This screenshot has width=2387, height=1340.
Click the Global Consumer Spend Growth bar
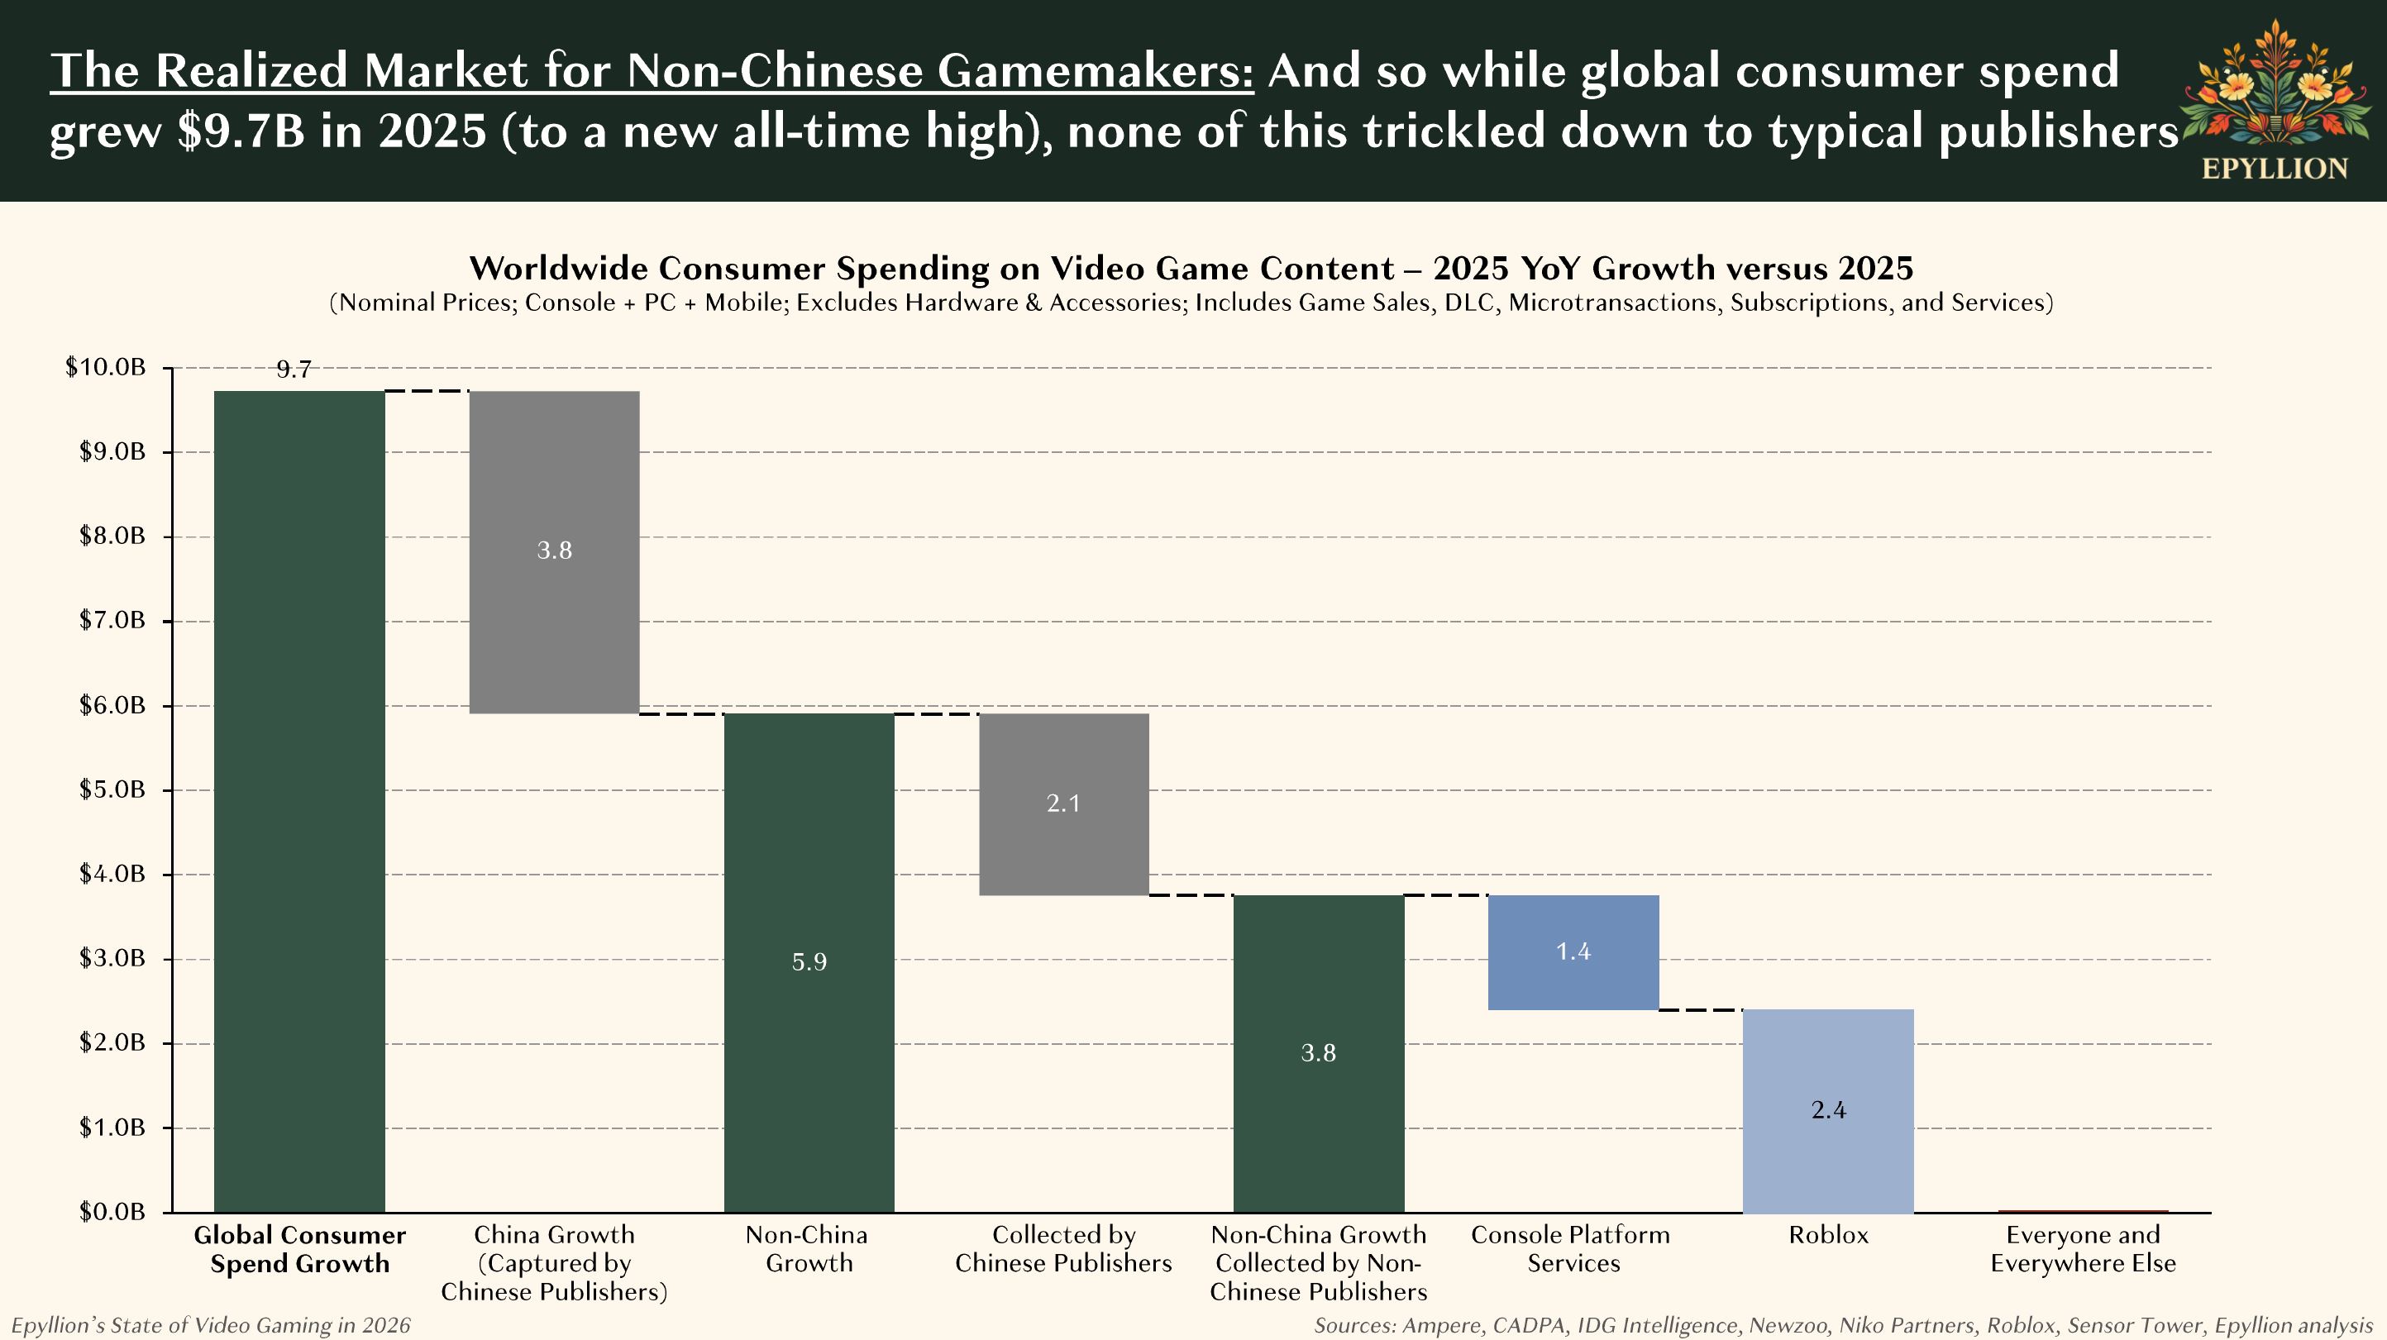(299, 801)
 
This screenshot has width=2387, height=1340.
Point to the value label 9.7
(294, 370)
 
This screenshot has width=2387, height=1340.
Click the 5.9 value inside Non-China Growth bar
(809, 962)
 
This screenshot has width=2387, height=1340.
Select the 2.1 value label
(1064, 803)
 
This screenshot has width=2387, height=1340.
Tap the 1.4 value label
(1573, 951)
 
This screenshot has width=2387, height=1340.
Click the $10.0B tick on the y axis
(106, 367)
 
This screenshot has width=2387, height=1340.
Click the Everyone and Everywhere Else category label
(2082, 1248)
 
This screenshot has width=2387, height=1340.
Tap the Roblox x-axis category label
(1827, 1234)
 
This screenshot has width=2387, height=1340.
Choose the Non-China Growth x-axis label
(808, 1248)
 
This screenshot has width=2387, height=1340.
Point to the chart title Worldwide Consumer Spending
(1191, 268)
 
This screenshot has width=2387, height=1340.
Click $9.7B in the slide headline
(241, 131)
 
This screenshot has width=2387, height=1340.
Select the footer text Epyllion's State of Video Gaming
(210, 1325)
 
